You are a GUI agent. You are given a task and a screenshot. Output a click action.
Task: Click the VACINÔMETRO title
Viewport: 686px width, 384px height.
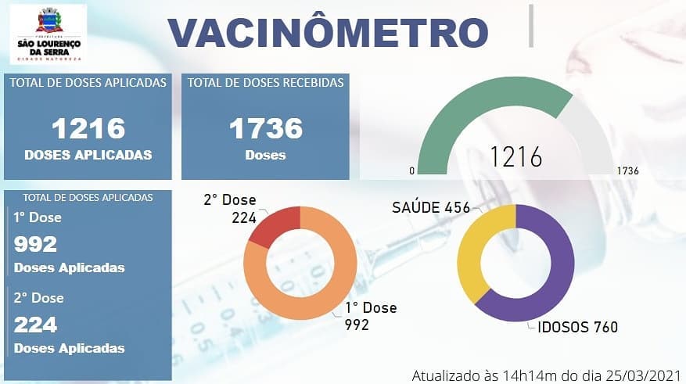click(x=329, y=32)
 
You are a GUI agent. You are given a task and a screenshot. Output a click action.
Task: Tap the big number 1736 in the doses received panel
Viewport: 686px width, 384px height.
click(x=265, y=128)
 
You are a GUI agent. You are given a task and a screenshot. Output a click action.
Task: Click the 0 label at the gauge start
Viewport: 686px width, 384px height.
click(x=411, y=170)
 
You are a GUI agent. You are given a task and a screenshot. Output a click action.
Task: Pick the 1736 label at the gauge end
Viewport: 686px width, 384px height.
click(x=627, y=170)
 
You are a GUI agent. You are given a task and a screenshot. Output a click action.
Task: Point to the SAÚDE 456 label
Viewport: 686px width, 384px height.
click(x=431, y=207)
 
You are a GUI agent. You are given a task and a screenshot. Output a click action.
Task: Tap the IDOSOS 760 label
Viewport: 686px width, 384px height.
click(x=577, y=327)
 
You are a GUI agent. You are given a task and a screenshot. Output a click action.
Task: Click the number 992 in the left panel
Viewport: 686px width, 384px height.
click(x=36, y=244)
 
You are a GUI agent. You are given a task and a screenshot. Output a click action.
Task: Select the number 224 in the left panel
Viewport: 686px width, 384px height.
click(x=36, y=324)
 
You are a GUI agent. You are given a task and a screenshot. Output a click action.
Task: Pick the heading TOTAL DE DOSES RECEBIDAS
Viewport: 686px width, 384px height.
click(x=265, y=83)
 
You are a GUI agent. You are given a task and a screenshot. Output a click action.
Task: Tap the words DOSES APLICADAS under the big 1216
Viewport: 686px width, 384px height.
click(x=88, y=155)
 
